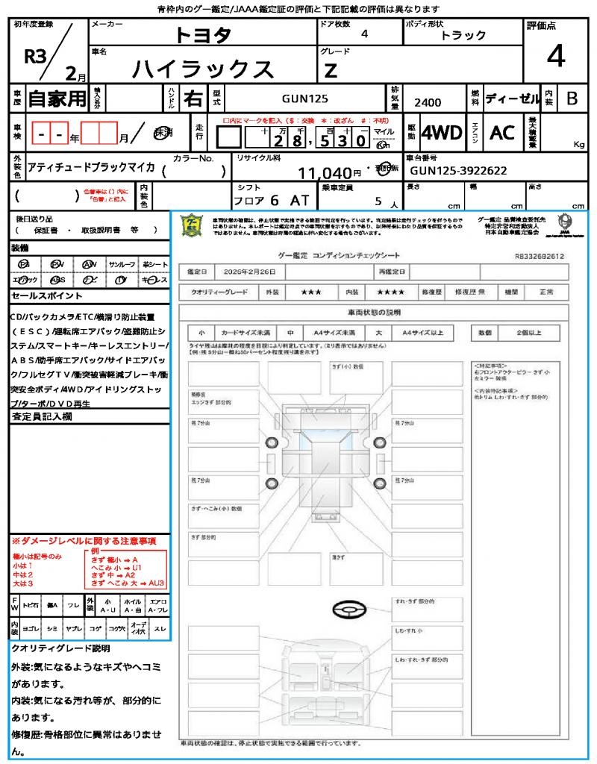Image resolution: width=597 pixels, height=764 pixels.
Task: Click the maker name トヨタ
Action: point(203,35)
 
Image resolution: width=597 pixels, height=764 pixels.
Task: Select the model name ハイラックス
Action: point(203,69)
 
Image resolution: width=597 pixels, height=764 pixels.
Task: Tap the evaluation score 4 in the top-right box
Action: point(555,56)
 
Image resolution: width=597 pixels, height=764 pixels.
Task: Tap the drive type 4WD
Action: point(442,133)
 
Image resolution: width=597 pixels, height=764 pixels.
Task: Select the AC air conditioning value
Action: point(501,133)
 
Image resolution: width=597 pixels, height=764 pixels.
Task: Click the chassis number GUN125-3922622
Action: point(458,171)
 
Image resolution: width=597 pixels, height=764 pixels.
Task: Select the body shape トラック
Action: point(463,35)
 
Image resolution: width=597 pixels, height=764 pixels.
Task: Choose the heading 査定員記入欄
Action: point(43,418)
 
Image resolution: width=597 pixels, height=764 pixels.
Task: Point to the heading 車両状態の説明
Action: point(374,312)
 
